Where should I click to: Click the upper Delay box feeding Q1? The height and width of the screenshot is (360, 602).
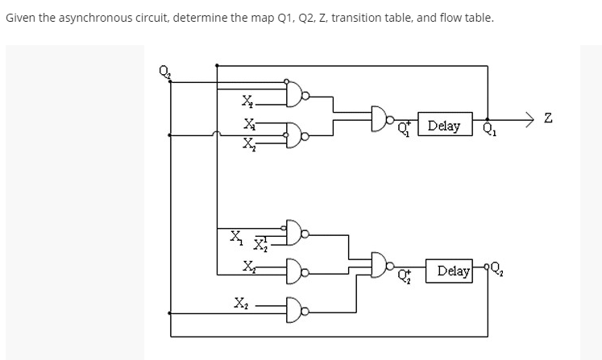444,126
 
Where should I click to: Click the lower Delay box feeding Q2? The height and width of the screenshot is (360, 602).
454,271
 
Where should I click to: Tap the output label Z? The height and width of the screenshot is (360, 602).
549,119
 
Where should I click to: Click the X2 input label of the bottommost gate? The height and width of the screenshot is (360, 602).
241,304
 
